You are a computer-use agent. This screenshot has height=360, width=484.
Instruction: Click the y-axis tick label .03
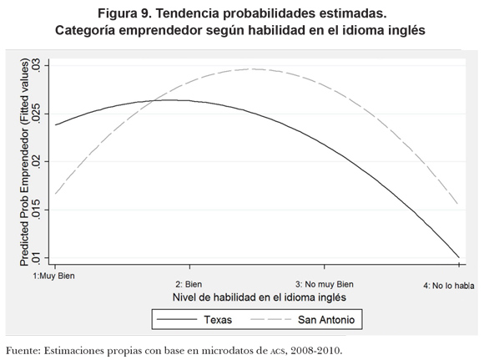(37, 65)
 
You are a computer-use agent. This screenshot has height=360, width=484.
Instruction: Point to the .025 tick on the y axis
(37, 114)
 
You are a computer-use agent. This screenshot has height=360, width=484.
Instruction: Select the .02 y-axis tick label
(37, 161)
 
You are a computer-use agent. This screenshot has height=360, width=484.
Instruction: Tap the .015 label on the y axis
(37, 210)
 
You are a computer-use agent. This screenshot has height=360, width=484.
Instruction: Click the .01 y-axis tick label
(37, 258)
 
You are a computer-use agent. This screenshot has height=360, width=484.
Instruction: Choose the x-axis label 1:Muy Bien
(53, 276)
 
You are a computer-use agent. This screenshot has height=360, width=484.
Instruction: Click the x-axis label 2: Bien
(189, 284)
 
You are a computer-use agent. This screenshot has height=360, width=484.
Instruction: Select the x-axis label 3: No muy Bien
(325, 284)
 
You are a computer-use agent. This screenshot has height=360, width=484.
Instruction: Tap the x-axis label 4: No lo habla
(448, 286)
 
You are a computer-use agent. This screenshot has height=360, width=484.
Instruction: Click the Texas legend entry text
(218, 320)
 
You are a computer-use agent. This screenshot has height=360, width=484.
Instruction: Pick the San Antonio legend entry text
(326, 320)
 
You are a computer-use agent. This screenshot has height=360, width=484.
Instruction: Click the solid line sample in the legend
(177, 320)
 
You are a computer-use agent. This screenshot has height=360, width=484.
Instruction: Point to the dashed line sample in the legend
(270, 320)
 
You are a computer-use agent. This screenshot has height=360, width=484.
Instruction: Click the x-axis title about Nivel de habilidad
(260, 297)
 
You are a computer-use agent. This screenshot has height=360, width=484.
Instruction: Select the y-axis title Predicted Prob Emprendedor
(24, 162)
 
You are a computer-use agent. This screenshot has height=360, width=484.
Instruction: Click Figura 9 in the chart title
(124, 13)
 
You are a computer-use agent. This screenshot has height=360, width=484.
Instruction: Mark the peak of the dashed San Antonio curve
(253, 69)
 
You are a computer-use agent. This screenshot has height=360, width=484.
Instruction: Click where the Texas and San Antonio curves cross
(152, 100)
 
